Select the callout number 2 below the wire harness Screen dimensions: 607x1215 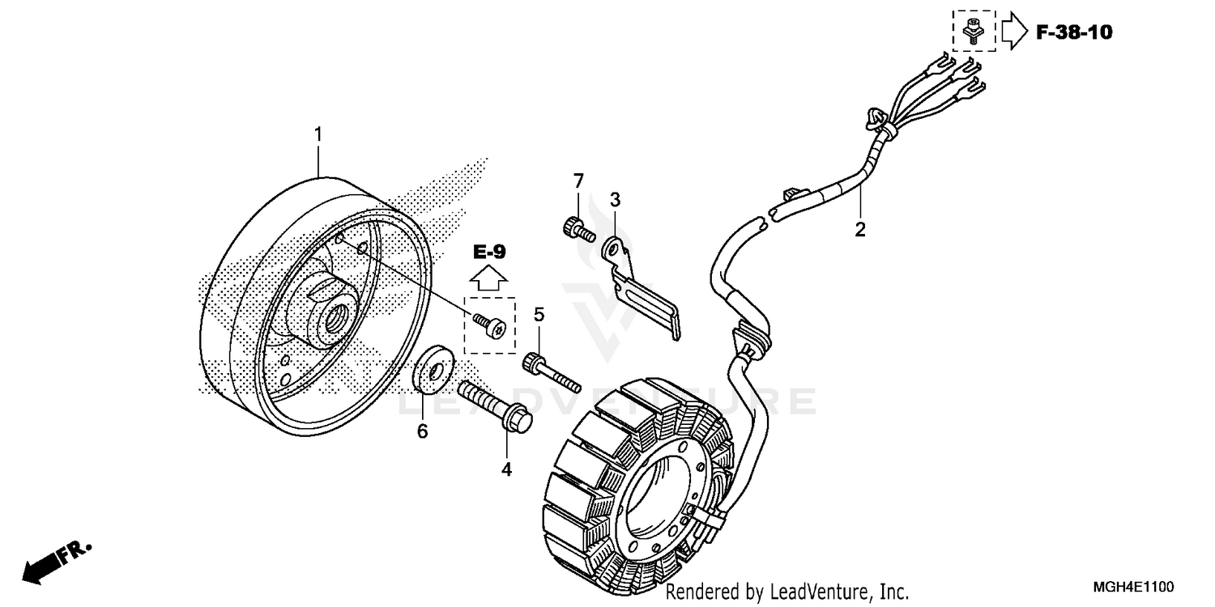(x=860, y=229)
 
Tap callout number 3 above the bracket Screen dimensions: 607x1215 (x=615, y=199)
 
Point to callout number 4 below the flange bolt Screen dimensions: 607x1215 (x=506, y=469)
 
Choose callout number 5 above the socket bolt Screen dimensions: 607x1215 (x=539, y=314)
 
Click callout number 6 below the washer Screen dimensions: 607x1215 (x=422, y=432)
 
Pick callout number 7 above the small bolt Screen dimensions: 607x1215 (x=578, y=180)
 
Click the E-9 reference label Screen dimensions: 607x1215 (x=489, y=252)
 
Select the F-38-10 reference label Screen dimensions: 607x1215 (x=1074, y=32)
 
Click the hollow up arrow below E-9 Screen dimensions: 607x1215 (x=489, y=279)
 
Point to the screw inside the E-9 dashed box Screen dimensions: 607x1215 (x=490, y=325)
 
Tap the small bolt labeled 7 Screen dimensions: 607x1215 (x=577, y=228)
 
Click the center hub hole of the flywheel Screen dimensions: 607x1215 (x=333, y=316)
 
